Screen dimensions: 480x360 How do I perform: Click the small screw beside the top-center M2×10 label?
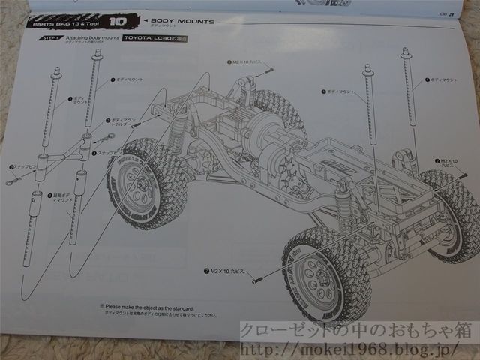point(267,70)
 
